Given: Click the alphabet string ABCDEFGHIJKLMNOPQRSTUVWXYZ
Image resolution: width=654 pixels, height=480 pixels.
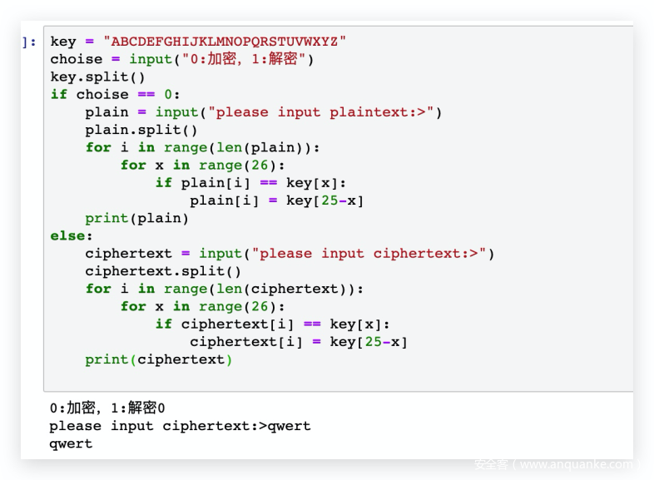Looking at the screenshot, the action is click(225, 42).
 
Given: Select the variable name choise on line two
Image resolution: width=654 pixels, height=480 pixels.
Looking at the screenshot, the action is click(77, 59).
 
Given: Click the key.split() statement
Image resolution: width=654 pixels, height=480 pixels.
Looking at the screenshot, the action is click(97, 77).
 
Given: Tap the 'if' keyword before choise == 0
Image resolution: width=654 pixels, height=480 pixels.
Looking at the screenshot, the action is click(59, 95).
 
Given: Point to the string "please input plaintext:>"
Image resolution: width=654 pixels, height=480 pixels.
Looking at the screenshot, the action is click(321, 112).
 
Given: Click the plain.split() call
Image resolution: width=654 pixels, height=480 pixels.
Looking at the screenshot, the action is click(141, 130).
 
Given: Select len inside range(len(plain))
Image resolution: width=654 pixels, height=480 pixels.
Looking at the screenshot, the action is click(229, 147).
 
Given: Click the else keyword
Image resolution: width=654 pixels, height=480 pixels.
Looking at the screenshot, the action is click(67, 236).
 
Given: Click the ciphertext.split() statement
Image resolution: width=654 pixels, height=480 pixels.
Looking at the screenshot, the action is click(163, 271).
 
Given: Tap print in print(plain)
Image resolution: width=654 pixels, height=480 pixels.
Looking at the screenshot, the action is click(107, 219).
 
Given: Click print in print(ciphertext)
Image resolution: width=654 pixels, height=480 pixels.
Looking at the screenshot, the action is click(107, 360).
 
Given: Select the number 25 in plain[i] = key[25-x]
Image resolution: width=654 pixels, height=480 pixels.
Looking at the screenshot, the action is click(329, 200).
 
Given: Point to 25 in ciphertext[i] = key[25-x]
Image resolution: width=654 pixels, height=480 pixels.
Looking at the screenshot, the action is click(374, 342).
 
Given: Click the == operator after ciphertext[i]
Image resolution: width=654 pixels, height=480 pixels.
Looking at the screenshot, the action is click(312, 324).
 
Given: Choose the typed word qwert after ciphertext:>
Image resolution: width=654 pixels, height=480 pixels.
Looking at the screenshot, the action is click(289, 427).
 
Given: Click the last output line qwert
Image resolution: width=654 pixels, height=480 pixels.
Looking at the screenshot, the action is click(71, 444).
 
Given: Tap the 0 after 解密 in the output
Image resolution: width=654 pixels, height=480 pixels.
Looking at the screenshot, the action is click(161, 408).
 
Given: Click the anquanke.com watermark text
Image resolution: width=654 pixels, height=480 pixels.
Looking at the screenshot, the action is click(557, 464).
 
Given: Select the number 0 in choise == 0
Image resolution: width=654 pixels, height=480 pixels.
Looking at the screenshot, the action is click(168, 95).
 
